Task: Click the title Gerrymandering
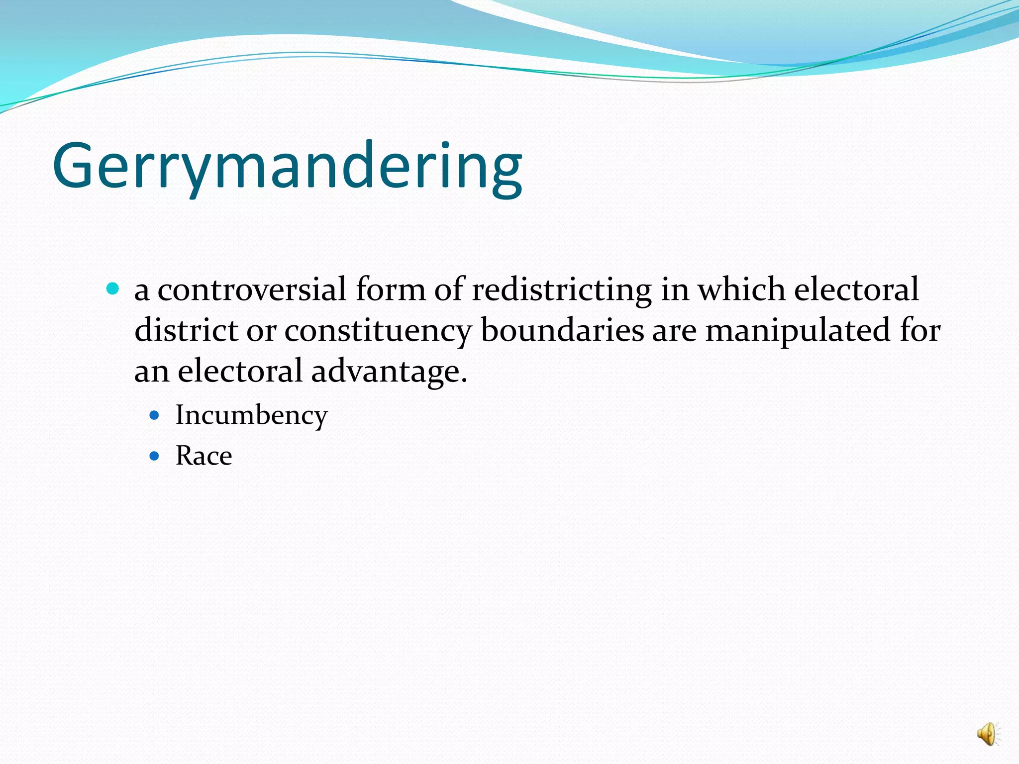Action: point(287,166)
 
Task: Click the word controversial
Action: point(252,289)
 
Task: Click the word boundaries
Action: point(562,330)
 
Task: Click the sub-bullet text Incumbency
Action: point(252,415)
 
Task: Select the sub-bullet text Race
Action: point(204,456)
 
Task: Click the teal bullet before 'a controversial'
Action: point(113,288)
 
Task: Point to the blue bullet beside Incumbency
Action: point(155,414)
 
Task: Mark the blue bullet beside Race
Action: point(155,455)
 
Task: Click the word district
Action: point(186,330)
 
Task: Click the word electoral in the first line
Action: point(856,289)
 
